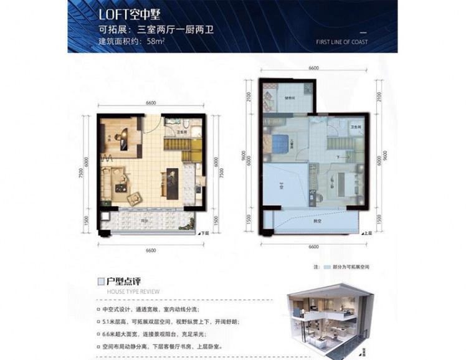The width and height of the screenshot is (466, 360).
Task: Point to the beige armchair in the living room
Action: (x=135, y=198)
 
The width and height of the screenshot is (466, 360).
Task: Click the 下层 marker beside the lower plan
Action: (x=203, y=234)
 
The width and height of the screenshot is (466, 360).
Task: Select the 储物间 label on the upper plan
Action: (x=290, y=98)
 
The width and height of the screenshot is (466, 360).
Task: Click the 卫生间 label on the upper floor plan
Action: (x=354, y=127)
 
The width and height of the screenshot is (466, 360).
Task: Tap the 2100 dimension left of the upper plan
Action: (x=249, y=97)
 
